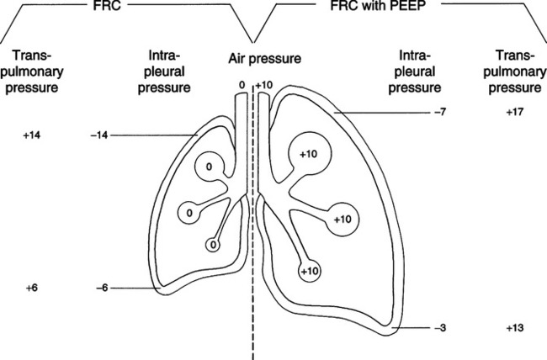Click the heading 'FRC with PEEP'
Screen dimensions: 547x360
point(378,5)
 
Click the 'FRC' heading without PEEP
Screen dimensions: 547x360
point(107,5)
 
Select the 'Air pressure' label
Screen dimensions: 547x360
point(265,59)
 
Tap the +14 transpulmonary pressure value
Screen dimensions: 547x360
point(32,135)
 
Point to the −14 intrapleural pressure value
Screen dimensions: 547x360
point(99,135)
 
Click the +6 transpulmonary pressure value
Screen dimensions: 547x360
point(32,289)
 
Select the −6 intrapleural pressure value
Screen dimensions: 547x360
point(102,289)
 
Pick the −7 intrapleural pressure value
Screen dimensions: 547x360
point(440,113)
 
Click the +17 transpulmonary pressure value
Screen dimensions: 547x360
point(515,113)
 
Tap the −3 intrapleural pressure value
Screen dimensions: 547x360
point(440,328)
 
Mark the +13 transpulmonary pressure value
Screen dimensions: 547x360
point(515,328)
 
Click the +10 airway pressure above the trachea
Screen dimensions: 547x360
point(264,86)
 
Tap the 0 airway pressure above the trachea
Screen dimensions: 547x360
point(242,85)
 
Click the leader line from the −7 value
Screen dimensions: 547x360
point(382,113)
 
